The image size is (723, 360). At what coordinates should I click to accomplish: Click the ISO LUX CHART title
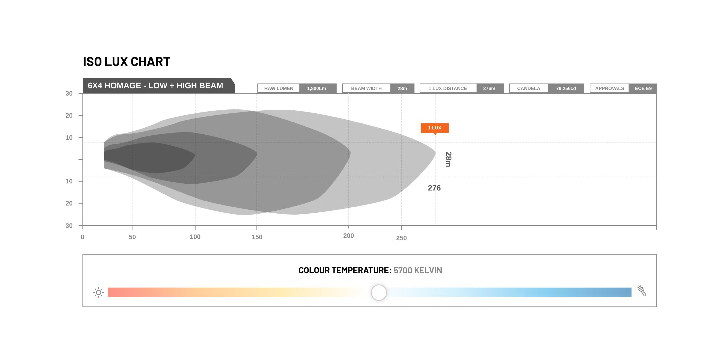pyautogui.click(x=127, y=62)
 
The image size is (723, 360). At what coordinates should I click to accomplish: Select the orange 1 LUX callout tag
pyautogui.click(x=435, y=128)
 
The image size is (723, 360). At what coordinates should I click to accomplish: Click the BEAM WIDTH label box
pyautogui.click(x=366, y=88)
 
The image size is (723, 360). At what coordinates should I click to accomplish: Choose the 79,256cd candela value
pyautogui.click(x=566, y=88)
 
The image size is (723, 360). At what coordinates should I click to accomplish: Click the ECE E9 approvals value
pyautogui.click(x=643, y=88)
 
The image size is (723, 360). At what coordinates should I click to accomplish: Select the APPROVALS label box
pyautogui.click(x=609, y=88)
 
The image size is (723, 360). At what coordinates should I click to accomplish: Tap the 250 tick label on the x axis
pyautogui.click(x=401, y=238)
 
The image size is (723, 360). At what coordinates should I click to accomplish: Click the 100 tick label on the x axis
pyautogui.click(x=195, y=237)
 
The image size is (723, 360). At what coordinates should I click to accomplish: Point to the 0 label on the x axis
pyautogui.click(x=82, y=237)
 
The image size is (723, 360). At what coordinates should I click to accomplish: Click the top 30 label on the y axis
pyautogui.click(x=69, y=93)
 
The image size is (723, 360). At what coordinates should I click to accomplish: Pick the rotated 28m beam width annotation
pyautogui.click(x=448, y=159)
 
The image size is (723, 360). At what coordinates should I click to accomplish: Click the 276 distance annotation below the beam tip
pyautogui.click(x=434, y=188)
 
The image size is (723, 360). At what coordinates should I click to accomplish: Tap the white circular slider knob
pyautogui.click(x=379, y=292)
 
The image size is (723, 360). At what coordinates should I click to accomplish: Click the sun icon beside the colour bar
pyautogui.click(x=99, y=292)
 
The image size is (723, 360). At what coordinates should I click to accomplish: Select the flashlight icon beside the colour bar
pyautogui.click(x=642, y=291)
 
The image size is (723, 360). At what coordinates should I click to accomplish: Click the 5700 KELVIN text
pyautogui.click(x=418, y=270)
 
